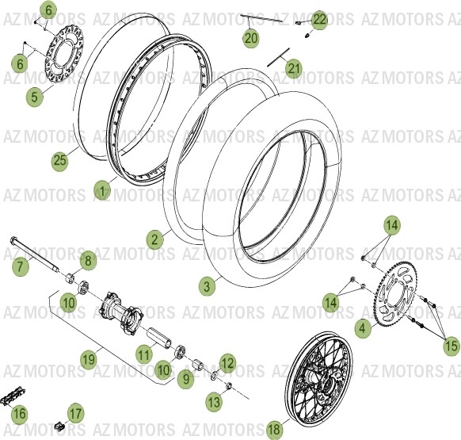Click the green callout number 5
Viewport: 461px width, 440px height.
tap(33, 98)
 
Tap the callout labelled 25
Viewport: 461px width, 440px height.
tap(60, 161)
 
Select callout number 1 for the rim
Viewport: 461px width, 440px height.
tap(102, 190)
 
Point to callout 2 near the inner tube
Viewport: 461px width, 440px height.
tap(155, 238)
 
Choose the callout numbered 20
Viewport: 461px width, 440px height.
tap(251, 37)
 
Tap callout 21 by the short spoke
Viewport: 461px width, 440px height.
tap(294, 69)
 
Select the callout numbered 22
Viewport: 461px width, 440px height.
tap(318, 20)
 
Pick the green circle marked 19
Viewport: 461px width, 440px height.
tap(88, 359)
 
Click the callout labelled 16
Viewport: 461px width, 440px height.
tap(20, 413)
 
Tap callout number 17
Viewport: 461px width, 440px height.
tap(75, 413)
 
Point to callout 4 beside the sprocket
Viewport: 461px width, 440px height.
tap(362, 327)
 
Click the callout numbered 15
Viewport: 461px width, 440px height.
tap(450, 346)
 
